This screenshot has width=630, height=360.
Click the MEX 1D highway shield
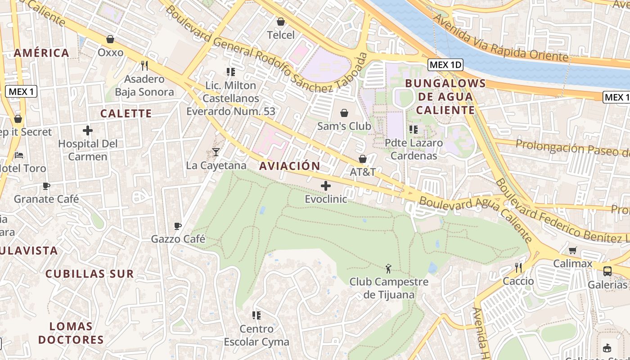point(445,65)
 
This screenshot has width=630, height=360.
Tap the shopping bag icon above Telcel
point(281,22)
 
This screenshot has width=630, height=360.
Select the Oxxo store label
point(111,53)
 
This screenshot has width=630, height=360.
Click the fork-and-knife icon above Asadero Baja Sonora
point(144,66)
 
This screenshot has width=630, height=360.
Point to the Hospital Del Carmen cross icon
point(88,131)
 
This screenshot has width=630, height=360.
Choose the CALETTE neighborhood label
point(126,113)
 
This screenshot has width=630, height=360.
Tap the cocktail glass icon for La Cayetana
point(216,152)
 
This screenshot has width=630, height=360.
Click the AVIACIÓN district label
point(290,166)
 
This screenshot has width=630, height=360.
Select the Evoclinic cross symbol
point(326,185)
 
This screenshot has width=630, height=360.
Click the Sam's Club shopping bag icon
point(344,112)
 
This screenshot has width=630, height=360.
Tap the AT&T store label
point(363,172)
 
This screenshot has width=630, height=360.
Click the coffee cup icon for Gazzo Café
point(178,226)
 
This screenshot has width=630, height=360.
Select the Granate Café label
point(46,199)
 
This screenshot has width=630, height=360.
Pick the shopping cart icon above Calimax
point(572,250)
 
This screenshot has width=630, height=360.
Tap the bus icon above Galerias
point(607,271)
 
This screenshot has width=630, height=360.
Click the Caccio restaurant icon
point(518,268)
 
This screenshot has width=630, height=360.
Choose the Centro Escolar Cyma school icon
point(256,315)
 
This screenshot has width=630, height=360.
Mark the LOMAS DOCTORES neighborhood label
point(71,333)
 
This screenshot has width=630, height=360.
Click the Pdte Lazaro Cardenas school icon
point(414,130)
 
